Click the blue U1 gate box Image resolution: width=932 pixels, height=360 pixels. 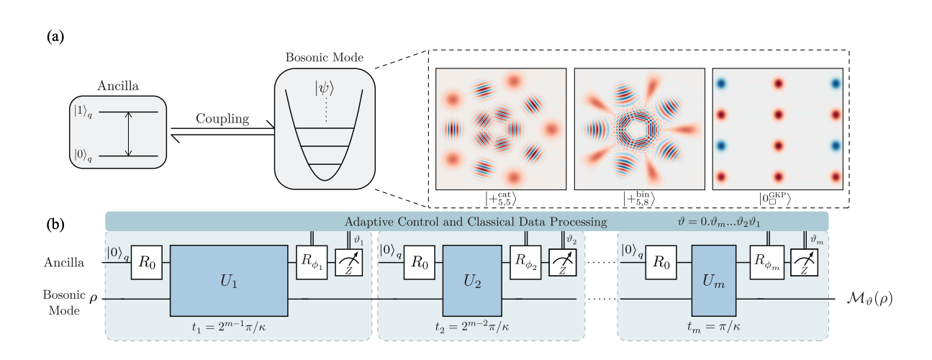tap(227, 280)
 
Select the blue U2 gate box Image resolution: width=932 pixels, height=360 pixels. tap(471, 280)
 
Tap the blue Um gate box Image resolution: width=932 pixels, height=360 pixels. tap(712, 280)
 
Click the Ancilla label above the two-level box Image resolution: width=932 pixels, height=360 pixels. tap(117, 86)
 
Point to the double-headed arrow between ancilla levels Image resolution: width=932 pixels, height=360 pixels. tap(128, 133)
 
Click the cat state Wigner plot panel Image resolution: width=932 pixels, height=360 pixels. tap(500, 129)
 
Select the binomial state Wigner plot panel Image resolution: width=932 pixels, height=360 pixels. tap(639, 129)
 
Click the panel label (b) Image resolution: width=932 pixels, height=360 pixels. tap(57, 224)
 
